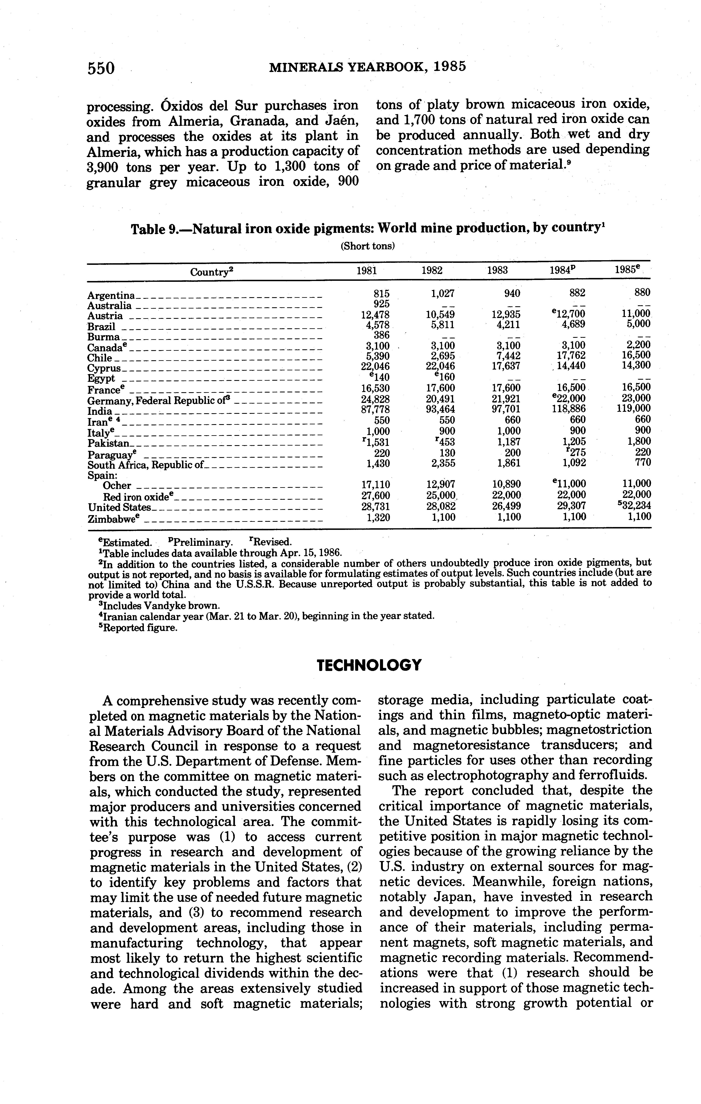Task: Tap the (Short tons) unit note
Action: click(x=367, y=246)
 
